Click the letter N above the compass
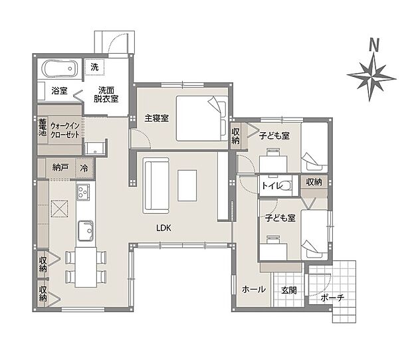[374, 46]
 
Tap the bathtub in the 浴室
[60, 68]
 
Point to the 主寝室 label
[156, 118]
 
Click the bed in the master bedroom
[202, 118]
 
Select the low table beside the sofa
[187, 185]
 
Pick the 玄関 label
[288, 290]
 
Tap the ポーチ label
[332, 298]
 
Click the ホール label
[253, 290]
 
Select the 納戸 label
[60, 168]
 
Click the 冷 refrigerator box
[84, 168]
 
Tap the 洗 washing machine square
[95, 67]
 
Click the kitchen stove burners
[84, 193]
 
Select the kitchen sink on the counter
[85, 230]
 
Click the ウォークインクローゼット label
[65, 129]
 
